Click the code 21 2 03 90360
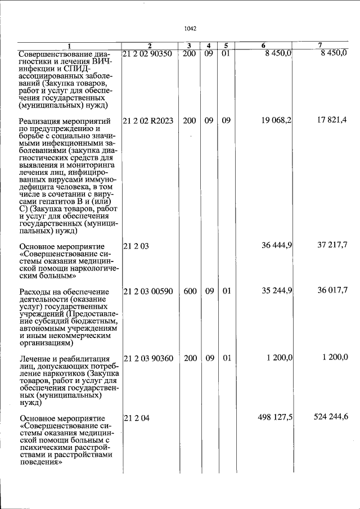click(148, 358)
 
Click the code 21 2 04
click(135, 418)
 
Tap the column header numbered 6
click(263, 45)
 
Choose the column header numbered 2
click(150, 45)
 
